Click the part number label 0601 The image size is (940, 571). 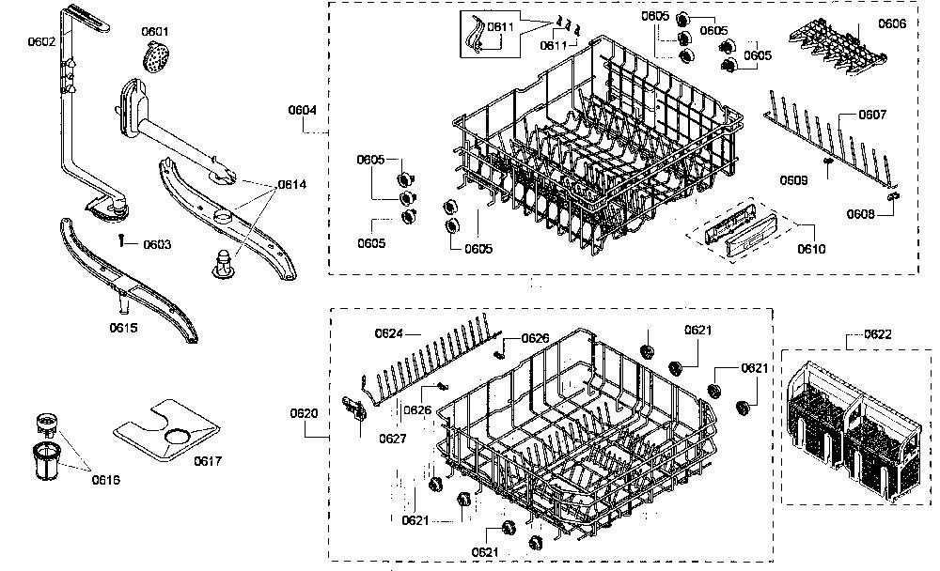coord(155,31)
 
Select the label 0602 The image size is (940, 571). coord(41,41)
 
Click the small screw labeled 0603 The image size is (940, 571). coord(121,239)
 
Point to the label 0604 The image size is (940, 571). coord(302,110)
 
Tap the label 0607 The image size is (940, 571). coord(872,115)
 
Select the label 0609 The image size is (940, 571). coord(793,180)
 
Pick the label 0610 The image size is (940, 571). coord(811,249)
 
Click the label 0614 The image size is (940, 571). coord(292,184)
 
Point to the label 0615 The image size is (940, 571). coord(123,328)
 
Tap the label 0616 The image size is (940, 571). coord(105,479)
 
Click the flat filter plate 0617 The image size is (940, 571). coord(166,429)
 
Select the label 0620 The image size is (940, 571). coord(304,413)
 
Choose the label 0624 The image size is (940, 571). coord(388,333)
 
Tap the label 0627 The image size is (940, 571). coord(393,439)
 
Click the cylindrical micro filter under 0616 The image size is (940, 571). coord(45,461)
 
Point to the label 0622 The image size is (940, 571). coord(878,334)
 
